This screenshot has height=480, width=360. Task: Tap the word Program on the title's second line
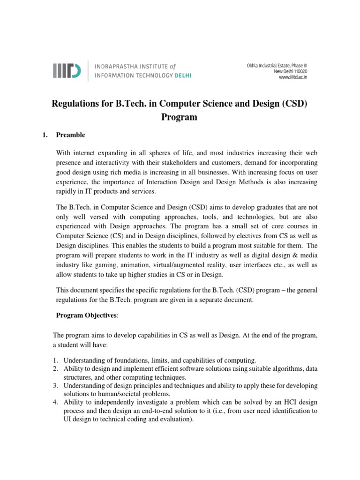tap(179, 117)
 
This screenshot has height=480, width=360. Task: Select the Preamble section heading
tap(70, 135)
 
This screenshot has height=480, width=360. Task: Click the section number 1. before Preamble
tap(45, 135)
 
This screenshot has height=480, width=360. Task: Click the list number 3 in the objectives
tap(55, 386)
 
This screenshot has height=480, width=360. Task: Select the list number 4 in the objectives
tap(55, 403)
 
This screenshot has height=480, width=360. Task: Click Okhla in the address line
tap(255, 66)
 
